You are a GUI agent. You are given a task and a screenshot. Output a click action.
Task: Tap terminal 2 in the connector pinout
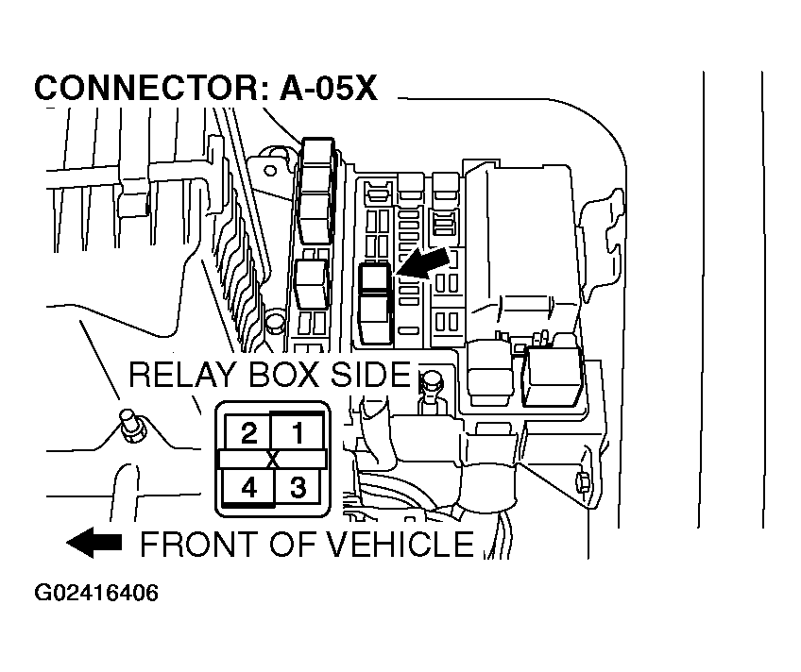pyautogui.click(x=248, y=433)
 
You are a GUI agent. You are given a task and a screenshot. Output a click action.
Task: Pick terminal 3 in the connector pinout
pyautogui.click(x=298, y=488)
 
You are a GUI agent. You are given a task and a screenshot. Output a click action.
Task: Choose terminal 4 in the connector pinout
pyautogui.click(x=248, y=488)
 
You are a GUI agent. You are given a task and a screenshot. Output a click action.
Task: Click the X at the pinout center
pyautogui.click(x=273, y=460)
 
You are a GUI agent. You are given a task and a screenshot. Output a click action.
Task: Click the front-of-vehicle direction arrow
pyautogui.click(x=94, y=543)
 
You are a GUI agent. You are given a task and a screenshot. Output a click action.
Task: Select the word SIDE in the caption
pyautogui.click(x=371, y=375)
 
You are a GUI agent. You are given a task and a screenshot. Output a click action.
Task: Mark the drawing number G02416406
pyautogui.click(x=96, y=594)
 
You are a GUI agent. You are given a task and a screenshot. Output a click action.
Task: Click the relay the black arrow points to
pyautogui.click(x=376, y=279)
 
